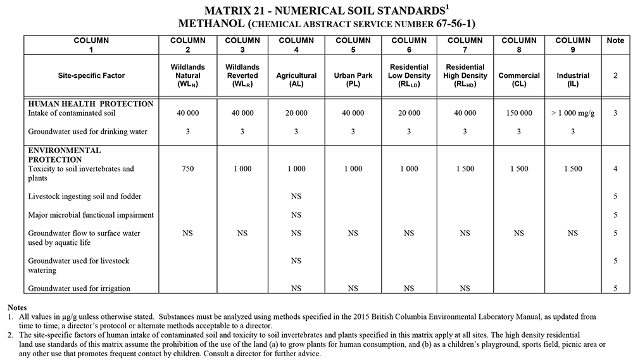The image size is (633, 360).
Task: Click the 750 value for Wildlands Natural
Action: point(187,169)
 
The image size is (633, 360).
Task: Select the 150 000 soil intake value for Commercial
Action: point(519,113)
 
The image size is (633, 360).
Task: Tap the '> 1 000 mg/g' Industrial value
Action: point(572,113)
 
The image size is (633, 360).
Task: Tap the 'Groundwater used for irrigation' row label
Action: point(79,289)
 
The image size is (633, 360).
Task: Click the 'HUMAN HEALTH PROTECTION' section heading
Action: point(91,104)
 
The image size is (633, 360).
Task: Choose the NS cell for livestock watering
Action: point(296,261)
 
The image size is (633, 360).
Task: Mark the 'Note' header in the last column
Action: point(615,40)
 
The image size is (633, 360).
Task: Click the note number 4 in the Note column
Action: point(615,169)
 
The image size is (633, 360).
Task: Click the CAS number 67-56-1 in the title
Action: point(451,24)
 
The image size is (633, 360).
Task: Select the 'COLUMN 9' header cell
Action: point(572,45)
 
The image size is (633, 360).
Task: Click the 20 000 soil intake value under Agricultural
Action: point(296,113)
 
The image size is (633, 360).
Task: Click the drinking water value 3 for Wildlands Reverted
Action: point(242,132)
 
